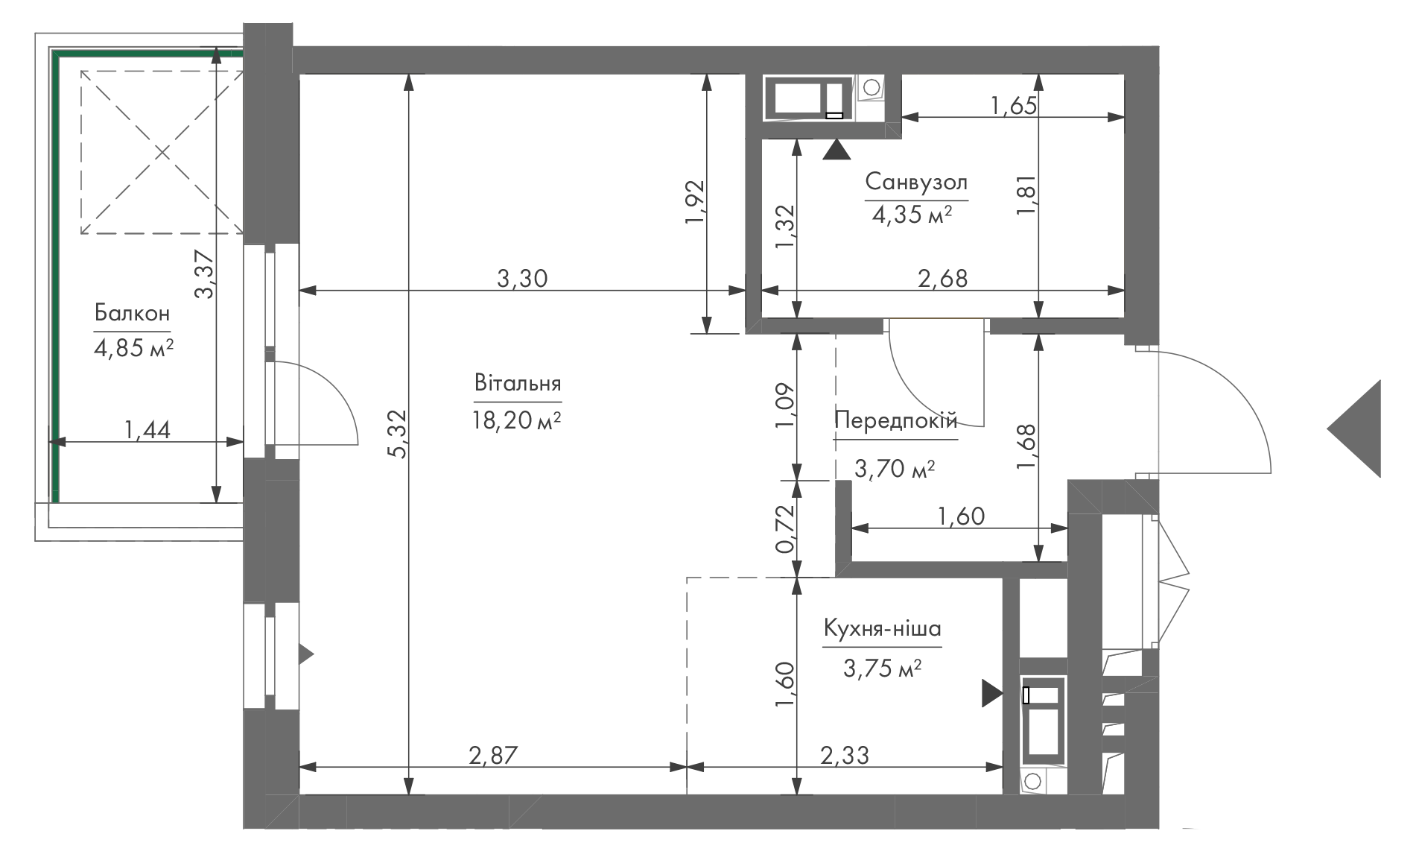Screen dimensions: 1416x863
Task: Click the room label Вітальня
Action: [517, 385]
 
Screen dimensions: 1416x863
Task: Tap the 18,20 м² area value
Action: [516, 420]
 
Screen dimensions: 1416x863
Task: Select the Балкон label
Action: [133, 313]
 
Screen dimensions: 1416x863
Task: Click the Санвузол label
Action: [916, 183]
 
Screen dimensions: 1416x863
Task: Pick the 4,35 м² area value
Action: [912, 216]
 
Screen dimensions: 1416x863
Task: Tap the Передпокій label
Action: [895, 420]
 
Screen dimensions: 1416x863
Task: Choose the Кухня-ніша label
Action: [882, 630]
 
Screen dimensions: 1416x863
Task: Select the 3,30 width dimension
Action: [522, 279]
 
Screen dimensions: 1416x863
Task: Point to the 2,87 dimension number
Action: [492, 756]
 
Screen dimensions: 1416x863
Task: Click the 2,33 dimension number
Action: [844, 756]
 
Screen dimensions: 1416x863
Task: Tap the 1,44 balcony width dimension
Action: [147, 430]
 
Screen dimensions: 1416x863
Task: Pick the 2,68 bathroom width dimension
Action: [943, 279]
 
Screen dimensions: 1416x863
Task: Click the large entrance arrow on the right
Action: [1354, 429]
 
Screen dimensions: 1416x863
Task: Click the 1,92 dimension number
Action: [693, 201]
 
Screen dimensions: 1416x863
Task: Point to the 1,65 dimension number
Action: [1014, 106]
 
